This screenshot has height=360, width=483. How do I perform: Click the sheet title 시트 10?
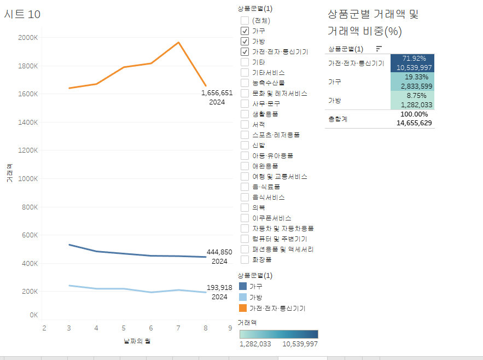tap(22, 14)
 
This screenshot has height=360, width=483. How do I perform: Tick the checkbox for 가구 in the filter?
tap(245, 31)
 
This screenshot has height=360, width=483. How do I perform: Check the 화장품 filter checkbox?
tap(245, 259)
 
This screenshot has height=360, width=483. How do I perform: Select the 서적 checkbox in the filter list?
tap(245, 124)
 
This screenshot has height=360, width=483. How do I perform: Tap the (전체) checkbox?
tap(245, 20)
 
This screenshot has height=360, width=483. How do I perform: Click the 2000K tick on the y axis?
tap(27, 38)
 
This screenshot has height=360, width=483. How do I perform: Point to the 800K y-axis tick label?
tap(29, 207)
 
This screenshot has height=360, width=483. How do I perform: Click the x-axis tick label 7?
tap(178, 328)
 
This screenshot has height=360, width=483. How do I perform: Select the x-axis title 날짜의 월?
tap(137, 341)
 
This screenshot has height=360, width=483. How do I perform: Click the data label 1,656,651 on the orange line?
tap(217, 93)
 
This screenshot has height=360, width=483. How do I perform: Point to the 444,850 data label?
tap(219, 252)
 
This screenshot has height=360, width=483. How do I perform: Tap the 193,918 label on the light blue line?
tap(219, 288)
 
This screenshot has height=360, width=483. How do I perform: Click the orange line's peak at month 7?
tap(178, 42)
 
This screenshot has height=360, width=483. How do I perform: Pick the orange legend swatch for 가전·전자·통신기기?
tap(243, 308)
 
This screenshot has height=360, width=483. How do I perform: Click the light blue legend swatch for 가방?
tap(243, 297)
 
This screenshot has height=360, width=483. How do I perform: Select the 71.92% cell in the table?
tap(414, 59)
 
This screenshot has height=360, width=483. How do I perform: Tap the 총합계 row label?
tap(337, 118)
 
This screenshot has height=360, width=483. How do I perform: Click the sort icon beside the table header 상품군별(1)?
tap(379, 49)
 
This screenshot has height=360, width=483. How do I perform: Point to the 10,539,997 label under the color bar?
tap(300, 344)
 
